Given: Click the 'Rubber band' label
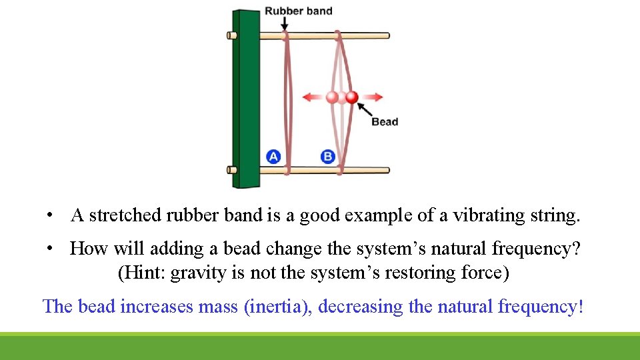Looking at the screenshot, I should tap(298, 11).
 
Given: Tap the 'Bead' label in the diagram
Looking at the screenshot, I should tap(385, 121).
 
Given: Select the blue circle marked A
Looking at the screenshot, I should tap(273, 157).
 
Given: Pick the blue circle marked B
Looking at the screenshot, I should tap(328, 157).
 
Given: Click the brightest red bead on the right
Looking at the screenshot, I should tap(352, 97).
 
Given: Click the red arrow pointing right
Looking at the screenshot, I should tap(373, 97).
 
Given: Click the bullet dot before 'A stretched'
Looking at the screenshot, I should tap(50, 216).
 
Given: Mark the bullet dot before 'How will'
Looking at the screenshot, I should tap(50, 249).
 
